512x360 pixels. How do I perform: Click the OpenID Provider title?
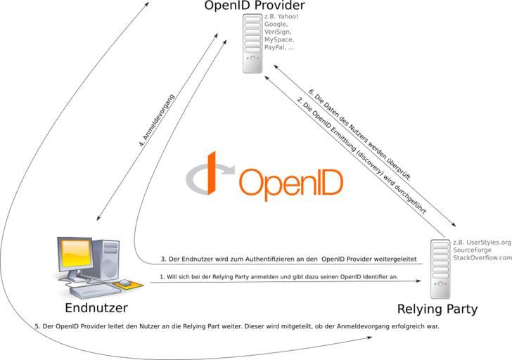coord(255,7)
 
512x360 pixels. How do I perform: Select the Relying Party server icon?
coord(441,269)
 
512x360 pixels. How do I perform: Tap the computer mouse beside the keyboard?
coord(124,283)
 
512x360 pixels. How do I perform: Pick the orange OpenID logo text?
coord(291,183)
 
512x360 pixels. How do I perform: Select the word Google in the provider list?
coord(276,24)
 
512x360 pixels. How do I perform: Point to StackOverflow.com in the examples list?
coord(482,258)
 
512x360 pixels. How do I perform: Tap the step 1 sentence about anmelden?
coord(279,277)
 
